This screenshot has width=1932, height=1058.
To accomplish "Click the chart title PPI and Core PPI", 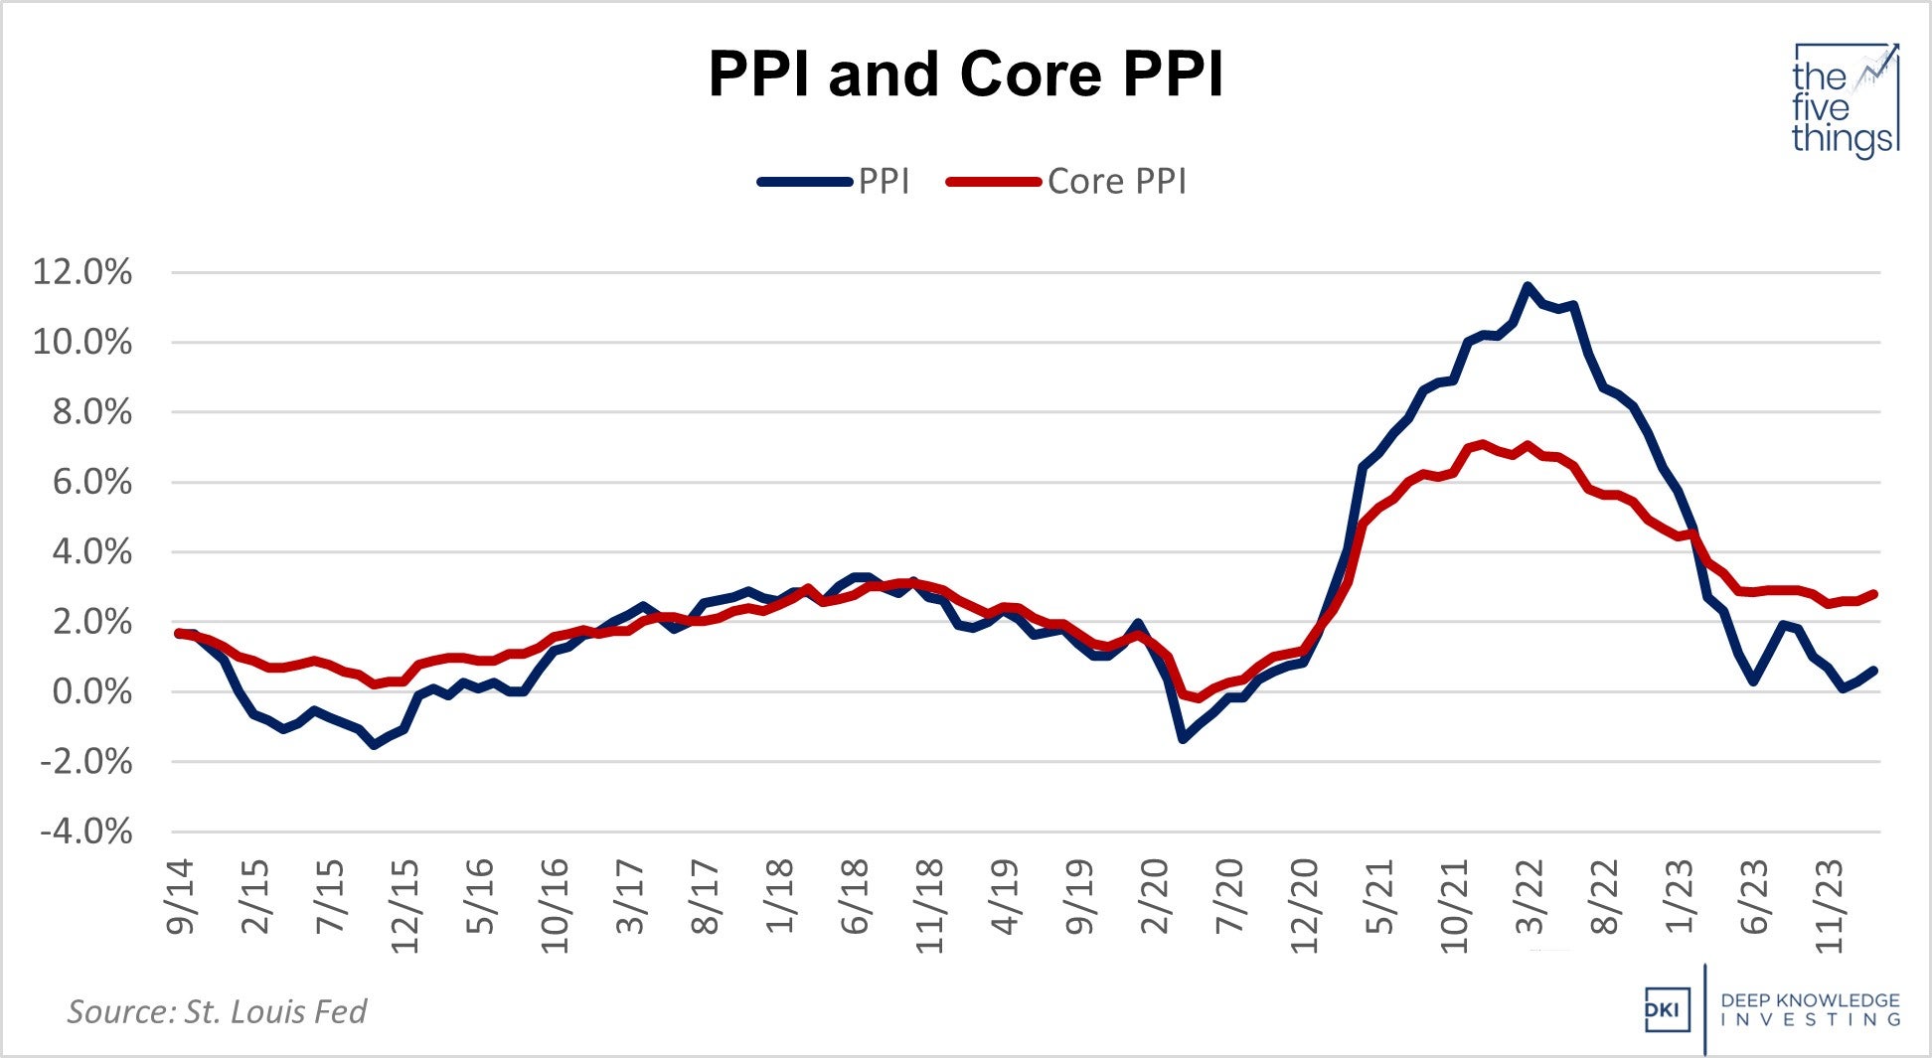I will [x=965, y=75].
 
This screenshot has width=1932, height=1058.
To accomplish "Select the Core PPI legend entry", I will [x=1116, y=182].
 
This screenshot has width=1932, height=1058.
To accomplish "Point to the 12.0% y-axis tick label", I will [x=82, y=271].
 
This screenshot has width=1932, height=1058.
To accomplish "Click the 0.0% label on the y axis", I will [x=90, y=691].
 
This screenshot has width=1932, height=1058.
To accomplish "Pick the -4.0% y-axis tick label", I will [x=85, y=831].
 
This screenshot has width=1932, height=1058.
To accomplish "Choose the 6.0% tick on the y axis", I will [x=90, y=482].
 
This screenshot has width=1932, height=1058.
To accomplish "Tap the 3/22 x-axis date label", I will [x=1530, y=896].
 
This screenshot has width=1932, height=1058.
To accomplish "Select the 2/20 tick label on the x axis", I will [x=1155, y=896].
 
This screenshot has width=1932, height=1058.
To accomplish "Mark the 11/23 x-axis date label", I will [x=1830, y=904].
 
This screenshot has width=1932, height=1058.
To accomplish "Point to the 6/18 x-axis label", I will [x=855, y=896].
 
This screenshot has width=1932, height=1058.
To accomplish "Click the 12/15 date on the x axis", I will [x=405, y=904].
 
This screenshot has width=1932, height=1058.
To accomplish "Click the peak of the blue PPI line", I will [x=1528, y=286].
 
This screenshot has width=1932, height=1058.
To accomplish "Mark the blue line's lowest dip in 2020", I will [x=1183, y=739].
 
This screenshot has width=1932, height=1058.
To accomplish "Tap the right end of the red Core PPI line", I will [x=1874, y=594].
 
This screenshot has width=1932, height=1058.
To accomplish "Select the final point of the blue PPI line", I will [x=1874, y=671].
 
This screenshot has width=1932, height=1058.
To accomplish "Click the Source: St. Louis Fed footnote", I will [x=217, y=1011].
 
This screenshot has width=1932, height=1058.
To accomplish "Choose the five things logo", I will [x=1845, y=100].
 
